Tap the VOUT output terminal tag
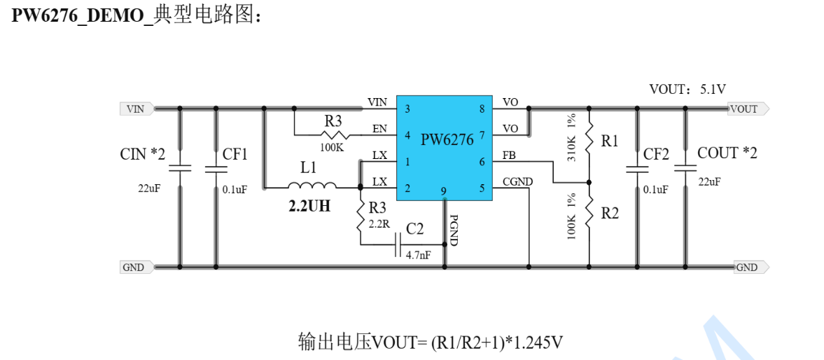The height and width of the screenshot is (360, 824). pyautogui.click(x=747, y=109)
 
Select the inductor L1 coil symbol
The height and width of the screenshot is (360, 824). pyautogui.click(x=312, y=186)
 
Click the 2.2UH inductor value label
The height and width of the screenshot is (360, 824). pyautogui.click(x=309, y=207)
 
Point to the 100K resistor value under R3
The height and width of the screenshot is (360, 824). pyautogui.click(x=332, y=148)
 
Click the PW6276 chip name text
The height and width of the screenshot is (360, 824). pyautogui.click(x=447, y=139)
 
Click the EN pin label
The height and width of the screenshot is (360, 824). pyautogui.click(x=379, y=128)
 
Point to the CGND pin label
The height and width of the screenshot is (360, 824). pyautogui.click(x=517, y=182)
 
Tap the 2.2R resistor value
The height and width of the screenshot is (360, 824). pyautogui.click(x=379, y=224)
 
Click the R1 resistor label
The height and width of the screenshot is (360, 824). pyautogui.click(x=610, y=141)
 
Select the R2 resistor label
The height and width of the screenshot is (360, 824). pyautogui.click(x=610, y=214)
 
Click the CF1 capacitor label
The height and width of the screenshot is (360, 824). pyautogui.click(x=235, y=154)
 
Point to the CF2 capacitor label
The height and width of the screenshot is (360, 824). pyautogui.click(x=656, y=154)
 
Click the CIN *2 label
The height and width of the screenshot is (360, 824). pyautogui.click(x=143, y=154)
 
